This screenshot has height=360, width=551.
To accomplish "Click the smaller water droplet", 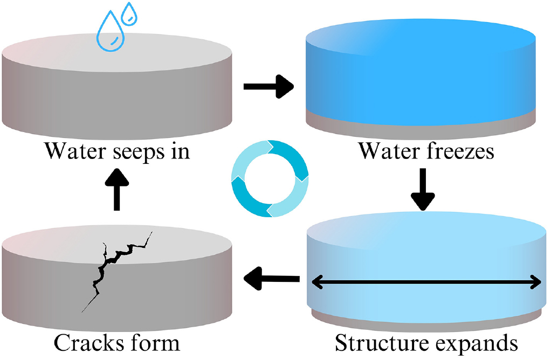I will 129,14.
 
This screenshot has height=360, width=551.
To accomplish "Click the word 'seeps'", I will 139,151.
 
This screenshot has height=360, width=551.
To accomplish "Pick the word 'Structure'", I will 377,343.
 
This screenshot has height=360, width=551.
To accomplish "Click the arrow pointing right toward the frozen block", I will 268,86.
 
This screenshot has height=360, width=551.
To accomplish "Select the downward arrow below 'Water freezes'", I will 422,189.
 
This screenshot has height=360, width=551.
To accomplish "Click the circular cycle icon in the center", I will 270,178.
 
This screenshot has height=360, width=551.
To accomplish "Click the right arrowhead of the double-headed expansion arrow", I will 535,281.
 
